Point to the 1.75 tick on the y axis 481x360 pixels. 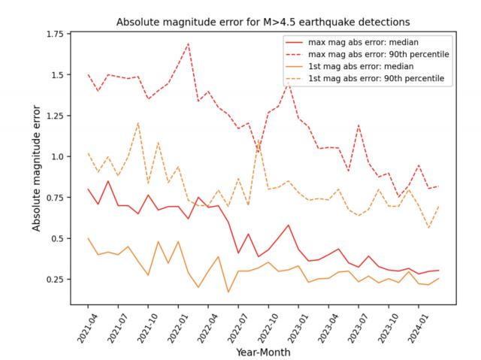click(54, 35)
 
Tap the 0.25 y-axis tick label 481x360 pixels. click(54, 280)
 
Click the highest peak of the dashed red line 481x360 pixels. click(188, 43)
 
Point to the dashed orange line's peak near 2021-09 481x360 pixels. click(138, 123)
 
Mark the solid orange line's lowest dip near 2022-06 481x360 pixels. click(228, 292)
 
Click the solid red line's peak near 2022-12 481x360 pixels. click(289, 225)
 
